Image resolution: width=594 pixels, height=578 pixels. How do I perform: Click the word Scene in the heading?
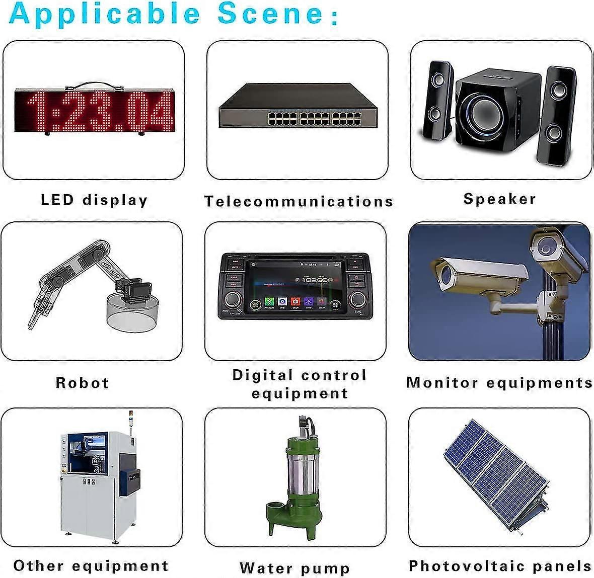click(x=270, y=14)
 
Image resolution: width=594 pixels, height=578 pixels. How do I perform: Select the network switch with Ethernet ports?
click(x=298, y=105)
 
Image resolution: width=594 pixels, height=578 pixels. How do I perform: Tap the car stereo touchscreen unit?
click(x=295, y=286)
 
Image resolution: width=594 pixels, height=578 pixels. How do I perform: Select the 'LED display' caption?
click(x=94, y=200)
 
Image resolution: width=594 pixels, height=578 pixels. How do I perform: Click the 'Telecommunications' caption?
click(x=299, y=201)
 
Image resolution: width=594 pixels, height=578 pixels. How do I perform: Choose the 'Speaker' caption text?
click(x=500, y=199)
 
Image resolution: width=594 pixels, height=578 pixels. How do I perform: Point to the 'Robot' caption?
click(x=82, y=383)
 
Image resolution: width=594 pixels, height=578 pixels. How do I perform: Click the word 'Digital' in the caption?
click(x=263, y=375)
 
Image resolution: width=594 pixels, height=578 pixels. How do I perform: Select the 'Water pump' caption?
click(x=294, y=568)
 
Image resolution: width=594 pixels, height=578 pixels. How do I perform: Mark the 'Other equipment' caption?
click(x=91, y=566)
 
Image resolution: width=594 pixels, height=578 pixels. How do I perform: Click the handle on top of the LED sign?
click(x=95, y=85)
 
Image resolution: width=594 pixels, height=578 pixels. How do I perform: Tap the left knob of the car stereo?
click(x=232, y=299)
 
